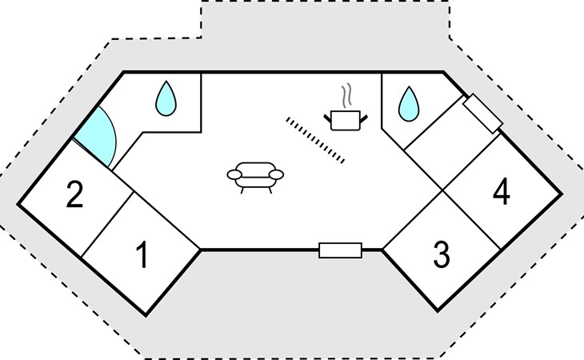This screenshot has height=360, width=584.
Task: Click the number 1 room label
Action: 142,254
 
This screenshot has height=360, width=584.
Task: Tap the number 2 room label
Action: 74,194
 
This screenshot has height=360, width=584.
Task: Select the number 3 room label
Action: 442,254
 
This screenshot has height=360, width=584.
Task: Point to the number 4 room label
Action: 502,192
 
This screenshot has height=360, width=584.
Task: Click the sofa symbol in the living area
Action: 255,178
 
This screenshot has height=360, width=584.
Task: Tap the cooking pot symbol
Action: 346,121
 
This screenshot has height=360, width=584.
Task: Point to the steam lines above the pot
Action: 346,96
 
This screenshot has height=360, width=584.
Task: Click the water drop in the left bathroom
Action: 166,98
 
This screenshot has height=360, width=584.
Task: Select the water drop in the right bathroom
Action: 409,104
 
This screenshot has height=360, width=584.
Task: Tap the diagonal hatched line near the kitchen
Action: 315,140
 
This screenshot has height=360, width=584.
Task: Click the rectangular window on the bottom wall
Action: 341,250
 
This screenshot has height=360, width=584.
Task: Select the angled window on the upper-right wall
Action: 482,114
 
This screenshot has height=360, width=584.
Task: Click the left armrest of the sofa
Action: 234,174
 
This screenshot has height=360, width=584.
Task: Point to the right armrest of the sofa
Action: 276,174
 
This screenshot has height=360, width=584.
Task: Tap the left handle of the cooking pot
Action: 327,118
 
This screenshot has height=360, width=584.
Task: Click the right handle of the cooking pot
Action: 363,118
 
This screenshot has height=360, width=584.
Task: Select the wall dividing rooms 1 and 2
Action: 107,225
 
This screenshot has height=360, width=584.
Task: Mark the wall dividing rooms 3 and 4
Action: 471,220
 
